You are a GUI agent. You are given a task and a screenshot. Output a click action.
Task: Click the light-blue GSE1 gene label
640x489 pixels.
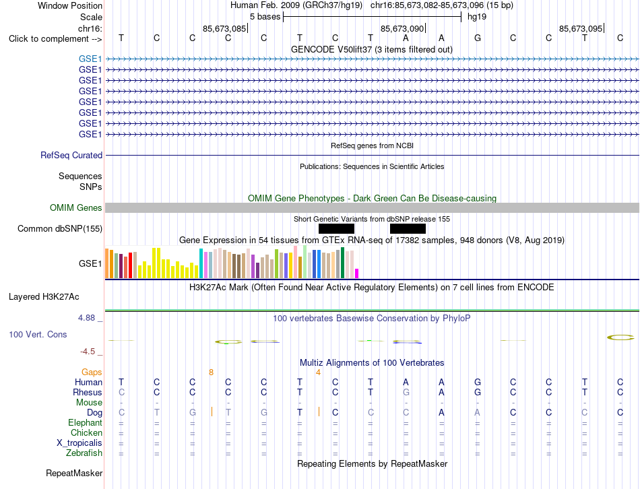click(90, 59)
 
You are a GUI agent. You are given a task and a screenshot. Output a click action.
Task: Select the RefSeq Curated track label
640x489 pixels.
click(71, 155)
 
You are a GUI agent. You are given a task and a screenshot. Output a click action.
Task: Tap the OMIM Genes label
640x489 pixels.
click(76, 207)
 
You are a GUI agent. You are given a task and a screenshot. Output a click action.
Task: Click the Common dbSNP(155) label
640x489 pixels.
click(60, 228)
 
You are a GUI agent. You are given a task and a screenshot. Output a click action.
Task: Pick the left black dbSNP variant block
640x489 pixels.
click(336, 228)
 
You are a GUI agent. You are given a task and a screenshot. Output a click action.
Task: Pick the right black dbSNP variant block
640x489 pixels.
click(408, 228)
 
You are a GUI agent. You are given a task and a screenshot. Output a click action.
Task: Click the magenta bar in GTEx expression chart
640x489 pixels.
click(357, 273)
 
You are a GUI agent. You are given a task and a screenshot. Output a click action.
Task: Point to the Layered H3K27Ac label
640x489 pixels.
click(44, 297)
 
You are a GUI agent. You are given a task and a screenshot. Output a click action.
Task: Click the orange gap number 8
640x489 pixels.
click(211, 372)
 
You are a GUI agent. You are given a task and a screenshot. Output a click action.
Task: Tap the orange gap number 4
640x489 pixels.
click(318, 372)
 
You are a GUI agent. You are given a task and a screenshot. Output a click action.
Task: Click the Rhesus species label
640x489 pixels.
click(88, 392)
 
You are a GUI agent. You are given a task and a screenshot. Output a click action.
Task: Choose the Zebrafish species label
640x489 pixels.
click(84, 453)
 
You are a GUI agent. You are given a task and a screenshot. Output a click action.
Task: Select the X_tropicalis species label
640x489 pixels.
click(79, 443)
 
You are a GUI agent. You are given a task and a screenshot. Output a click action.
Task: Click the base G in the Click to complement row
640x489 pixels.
click(478, 38)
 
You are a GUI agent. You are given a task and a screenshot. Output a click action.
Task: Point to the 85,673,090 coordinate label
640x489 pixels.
click(402, 28)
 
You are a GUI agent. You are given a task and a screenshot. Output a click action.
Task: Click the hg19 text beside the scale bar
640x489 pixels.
click(477, 17)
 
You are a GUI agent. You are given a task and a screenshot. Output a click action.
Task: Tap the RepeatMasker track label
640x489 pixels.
click(74, 473)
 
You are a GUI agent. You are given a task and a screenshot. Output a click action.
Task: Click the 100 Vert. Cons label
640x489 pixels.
click(38, 334)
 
